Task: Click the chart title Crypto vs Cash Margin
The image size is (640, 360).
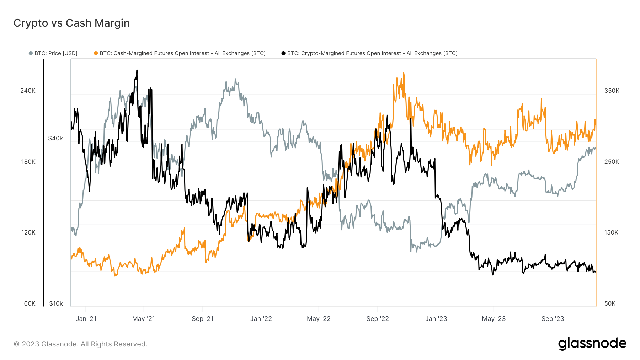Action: [71, 23]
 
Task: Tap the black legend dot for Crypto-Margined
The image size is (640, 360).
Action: [283, 53]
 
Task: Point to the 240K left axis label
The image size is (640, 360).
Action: [28, 91]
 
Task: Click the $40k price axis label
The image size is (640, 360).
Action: [55, 138]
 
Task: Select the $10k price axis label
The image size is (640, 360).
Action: [56, 303]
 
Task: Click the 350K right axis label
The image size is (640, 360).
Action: [612, 91]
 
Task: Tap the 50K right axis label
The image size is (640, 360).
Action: [610, 303]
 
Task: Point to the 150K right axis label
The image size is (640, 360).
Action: [611, 232]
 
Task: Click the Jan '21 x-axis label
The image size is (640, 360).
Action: [86, 319]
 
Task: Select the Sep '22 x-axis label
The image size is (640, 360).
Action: [378, 319]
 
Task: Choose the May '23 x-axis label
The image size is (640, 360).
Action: [494, 319]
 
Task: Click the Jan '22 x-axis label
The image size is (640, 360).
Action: [261, 319]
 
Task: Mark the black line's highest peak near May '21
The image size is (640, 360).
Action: [137, 70]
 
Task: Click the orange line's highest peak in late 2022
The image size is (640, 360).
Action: [404, 73]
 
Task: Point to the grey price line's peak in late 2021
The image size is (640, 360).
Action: [235, 79]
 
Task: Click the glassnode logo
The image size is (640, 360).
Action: [592, 344]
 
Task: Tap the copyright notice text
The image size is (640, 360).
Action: [80, 344]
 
